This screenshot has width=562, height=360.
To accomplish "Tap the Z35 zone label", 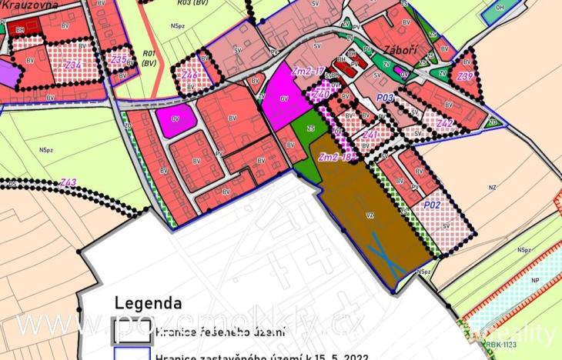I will tap(119, 59).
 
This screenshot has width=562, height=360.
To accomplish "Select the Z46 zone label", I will tap(189, 75).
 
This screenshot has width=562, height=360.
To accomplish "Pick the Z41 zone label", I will tap(370, 135).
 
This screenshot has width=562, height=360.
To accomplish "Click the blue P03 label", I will tap(386, 98).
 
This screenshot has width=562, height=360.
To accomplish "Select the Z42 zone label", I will tap(444, 122).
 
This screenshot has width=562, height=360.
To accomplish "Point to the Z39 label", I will tap(464, 76).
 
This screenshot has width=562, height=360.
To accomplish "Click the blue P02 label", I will tap(432, 205).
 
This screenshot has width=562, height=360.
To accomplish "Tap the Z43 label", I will tap(68, 182).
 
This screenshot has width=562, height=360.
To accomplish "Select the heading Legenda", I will tap(148, 303).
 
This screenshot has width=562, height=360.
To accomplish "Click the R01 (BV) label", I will tap(149, 58).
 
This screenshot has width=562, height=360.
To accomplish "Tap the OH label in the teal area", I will tap(521, 7).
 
